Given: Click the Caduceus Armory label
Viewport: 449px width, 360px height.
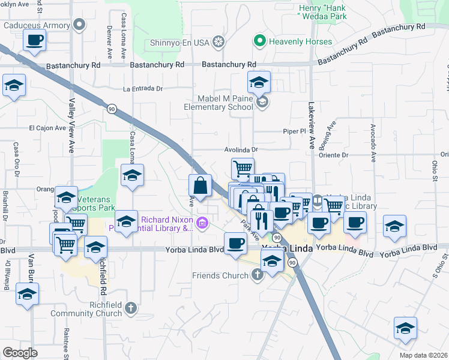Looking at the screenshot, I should coord(35,25).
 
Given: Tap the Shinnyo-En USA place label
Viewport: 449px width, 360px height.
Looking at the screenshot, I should coord(178,41).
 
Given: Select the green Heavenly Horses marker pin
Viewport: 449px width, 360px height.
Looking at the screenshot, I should coord(259,41).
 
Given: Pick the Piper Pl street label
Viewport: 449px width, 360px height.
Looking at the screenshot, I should coord(295,131).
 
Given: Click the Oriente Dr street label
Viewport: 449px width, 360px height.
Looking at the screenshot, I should coord(336,155).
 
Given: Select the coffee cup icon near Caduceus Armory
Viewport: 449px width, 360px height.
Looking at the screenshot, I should coord(34,41).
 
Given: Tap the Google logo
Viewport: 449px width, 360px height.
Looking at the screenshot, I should coord(20,353).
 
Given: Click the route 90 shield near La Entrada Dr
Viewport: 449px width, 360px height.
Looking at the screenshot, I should coord(112,109).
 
